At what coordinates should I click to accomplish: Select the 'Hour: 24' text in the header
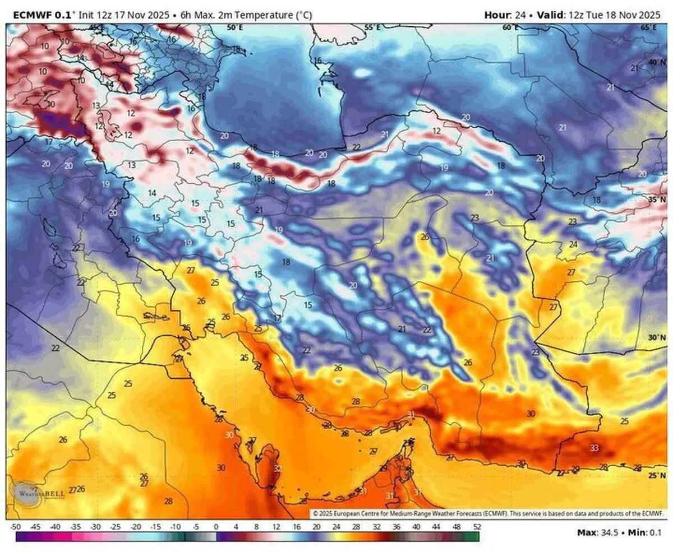point(505,15)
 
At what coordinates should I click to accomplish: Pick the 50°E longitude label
point(234,27)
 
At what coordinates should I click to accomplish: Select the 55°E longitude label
point(372,27)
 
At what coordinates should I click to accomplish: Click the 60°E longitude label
point(510,27)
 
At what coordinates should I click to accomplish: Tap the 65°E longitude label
point(649,27)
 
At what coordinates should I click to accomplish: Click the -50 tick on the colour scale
point(16,527)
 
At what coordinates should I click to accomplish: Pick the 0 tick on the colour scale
point(216,527)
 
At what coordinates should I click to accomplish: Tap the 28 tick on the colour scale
point(356,527)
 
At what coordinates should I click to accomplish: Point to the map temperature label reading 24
point(573,244)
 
